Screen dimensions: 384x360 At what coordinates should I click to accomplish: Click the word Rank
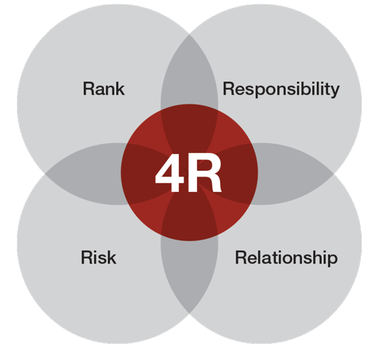click(104, 88)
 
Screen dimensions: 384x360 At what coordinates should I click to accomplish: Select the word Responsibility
click(281, 90)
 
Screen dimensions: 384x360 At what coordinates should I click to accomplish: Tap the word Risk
click(99, 258)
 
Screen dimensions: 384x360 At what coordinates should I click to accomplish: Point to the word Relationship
click(287, 258)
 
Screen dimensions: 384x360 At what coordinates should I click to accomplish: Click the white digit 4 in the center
click(169, 173)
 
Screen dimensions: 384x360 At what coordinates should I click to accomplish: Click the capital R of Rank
click(90, 88)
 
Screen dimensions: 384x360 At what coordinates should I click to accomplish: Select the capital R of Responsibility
click(230, 88)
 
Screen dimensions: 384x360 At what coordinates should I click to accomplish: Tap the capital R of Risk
click(88, 258)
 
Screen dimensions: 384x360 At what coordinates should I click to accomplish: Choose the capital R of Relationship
click(242, 258)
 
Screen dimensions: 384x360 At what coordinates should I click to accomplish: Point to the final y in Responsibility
click(335, 92)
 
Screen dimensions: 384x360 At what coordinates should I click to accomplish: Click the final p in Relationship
click(333, 261)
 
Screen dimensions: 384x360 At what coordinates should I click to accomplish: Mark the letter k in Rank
click(121, 88)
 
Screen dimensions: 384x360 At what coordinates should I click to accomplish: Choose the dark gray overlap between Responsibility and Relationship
click(293, 174)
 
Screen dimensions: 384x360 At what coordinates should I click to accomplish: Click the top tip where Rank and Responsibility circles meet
click(189, 35)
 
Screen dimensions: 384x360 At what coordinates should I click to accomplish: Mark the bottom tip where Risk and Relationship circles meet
click(189, 313)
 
